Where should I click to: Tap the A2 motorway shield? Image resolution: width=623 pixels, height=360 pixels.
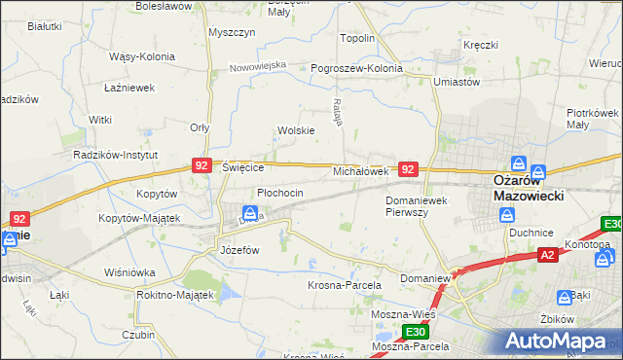549,256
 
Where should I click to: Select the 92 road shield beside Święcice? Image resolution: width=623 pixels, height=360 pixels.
202,166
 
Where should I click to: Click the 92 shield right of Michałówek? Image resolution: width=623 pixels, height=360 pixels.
409,169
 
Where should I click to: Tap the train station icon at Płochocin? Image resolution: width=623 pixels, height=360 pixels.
250,213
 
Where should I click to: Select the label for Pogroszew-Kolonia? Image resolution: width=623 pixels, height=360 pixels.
356,69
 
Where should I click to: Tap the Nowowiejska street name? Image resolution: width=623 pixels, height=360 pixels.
258,66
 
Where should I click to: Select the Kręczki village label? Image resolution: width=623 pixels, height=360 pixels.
481,45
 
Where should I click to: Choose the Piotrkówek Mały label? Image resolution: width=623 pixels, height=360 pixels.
592,119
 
